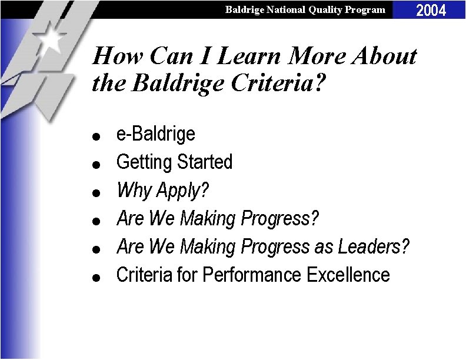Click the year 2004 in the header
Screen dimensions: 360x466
point(431,9)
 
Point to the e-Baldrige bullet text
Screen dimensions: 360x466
point(155,134)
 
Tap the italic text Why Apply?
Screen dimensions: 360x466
point(163,190)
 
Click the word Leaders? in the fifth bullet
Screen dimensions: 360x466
point(373,246)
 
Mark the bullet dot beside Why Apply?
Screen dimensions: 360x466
point(102,192)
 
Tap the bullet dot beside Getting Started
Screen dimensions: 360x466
point(102,164)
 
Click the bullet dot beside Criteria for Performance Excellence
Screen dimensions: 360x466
point(102,276)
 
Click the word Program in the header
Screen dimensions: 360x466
point(368,9)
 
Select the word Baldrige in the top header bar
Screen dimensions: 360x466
point(244,9)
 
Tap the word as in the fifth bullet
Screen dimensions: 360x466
point(324,246)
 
